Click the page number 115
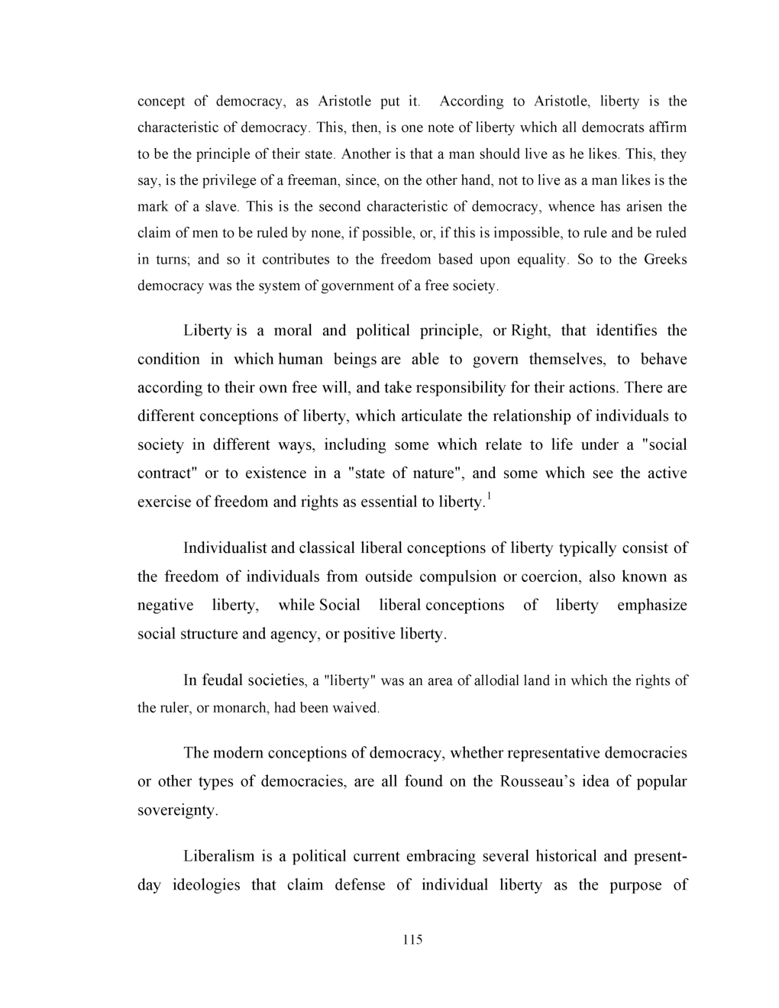pos(412,939)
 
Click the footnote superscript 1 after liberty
pos(489,498)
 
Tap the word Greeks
pos(665,260)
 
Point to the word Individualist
pos(225,548)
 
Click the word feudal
pos(222,680)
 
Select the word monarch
pos(241,708)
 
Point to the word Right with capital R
pos(529,331)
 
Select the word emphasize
pos(651,606)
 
